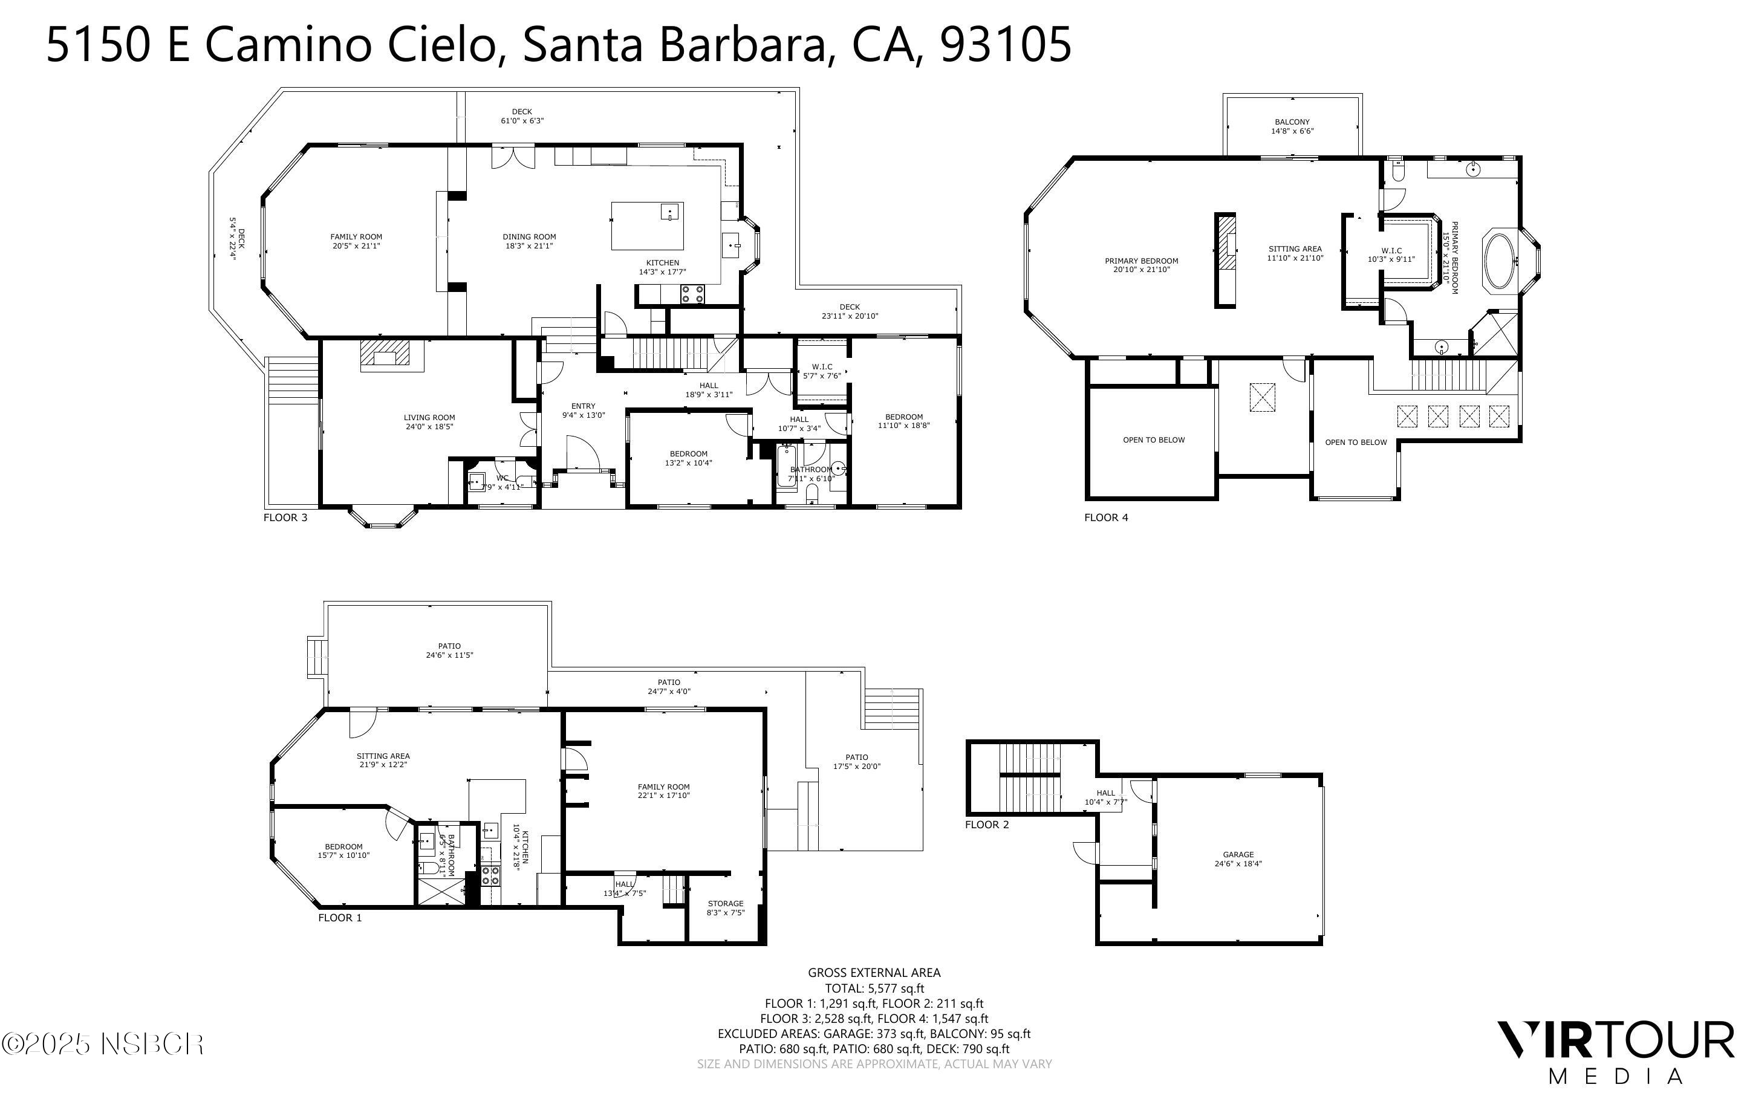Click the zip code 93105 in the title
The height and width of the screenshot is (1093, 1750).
point(1006,45)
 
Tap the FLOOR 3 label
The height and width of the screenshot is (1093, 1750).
point(285,517)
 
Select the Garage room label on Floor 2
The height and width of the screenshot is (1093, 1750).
point(1238,859)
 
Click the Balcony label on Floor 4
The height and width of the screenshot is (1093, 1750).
point(1292,126)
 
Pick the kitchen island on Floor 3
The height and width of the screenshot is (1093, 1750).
point(647,225)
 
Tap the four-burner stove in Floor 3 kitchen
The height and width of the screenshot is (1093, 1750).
point(692,293)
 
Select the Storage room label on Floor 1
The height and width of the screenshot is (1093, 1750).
point(725,908)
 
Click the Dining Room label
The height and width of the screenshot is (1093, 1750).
point(529,241)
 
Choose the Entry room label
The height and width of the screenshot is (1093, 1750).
point(584,410)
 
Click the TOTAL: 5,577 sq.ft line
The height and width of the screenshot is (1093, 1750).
point(874,988)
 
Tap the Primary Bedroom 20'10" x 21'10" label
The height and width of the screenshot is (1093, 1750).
point(1141,265)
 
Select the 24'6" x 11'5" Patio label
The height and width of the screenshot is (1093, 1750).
point(449,650)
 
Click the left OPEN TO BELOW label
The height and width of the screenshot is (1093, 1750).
point(1154,439)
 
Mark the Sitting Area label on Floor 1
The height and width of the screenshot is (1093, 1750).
point(383,760)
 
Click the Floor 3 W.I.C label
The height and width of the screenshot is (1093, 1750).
point(822,371)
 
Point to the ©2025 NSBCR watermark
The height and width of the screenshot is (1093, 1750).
point(103,1045)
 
